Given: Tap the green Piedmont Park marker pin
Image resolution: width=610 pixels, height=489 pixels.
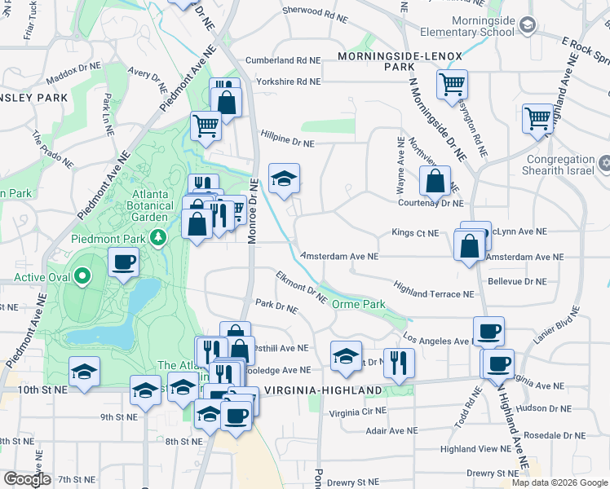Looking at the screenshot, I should pos(161,237).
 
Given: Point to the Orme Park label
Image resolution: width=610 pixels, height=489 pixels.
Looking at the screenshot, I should pos(358,304).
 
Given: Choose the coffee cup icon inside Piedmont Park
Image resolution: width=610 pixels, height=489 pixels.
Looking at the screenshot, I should pos(123,262).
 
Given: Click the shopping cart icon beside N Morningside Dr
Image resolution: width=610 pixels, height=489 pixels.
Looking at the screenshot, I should pos(452,83).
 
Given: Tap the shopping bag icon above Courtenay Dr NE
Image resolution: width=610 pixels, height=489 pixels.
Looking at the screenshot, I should pos(435,180).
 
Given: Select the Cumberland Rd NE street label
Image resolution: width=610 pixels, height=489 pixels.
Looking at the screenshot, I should pos(283,60).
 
